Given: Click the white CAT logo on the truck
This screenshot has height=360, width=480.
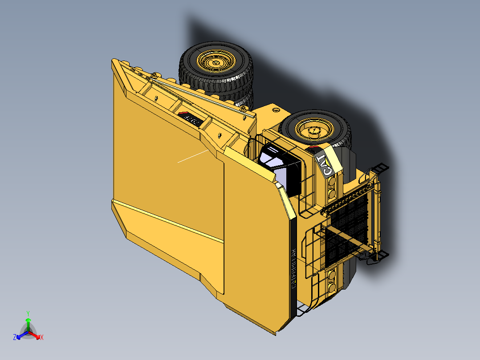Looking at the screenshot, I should pyautogui.click(x=324, y=166).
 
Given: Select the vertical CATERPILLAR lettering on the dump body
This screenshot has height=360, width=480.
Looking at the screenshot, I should pyautogui.click(x=293, y=268).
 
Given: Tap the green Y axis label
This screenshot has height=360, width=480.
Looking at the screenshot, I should pyautogui.click(x=28, y=313).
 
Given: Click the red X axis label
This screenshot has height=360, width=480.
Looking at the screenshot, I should pyautogui.click(x=42, y=338).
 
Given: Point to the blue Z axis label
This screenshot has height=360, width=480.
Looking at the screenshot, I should pyautogui.click(x=15, y=338).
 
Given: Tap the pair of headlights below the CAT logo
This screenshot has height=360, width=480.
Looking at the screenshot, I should pyautogui.click(x=332, y=188).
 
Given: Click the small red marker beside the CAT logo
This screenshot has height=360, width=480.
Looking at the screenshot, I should pyautogui.click(x=315, y=148).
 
